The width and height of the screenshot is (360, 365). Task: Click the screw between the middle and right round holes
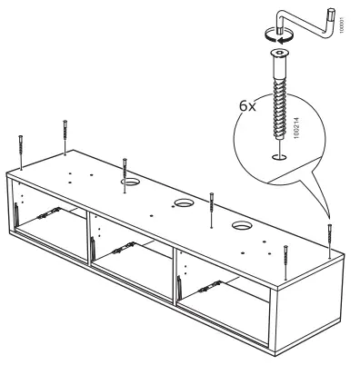point(210,207)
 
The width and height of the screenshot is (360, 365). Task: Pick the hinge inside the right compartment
point(212,281)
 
